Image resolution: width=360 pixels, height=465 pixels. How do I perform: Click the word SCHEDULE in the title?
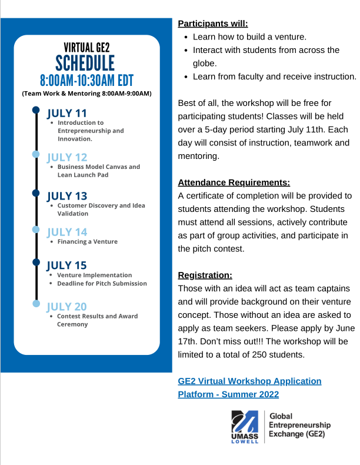[x=85, y=62]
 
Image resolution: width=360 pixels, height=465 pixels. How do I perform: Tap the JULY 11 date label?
[x=66, y=113]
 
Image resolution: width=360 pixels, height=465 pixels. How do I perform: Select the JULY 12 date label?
[x=66, y=157]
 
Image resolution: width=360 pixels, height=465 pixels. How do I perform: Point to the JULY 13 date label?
[x=66, y=196]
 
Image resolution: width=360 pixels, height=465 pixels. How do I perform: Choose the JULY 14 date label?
[x=66, y=232]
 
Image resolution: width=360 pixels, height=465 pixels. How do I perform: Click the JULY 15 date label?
[x=66, y=265]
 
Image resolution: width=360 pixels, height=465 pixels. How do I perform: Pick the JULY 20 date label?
[x=66, y=307]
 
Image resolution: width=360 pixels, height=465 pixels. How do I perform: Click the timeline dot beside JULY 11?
[x=36, y=110]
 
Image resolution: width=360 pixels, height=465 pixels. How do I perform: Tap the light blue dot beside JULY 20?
[x=36, y=304]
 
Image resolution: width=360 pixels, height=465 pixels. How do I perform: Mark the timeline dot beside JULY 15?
[x=36, y=263]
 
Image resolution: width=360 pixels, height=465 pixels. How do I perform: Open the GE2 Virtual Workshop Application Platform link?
[x=249, y=387]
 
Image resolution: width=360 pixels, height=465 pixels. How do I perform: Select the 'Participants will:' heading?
[x=213, y=24]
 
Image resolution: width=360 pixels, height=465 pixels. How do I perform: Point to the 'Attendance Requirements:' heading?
[x=234, y=182]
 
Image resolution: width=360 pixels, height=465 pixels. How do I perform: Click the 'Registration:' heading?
[x=205, y=275]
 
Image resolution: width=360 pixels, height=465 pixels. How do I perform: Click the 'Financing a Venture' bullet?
[x=87, y=241]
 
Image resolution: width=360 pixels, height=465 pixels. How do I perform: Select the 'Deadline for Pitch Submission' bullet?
[x=102, y=283]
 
